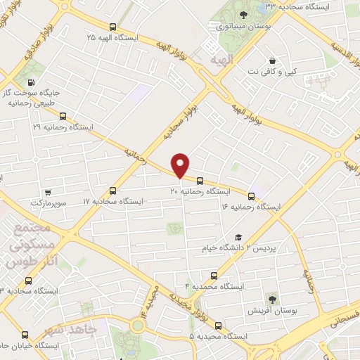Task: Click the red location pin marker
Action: tap(181, 165)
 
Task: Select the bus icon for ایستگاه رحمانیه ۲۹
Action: tap(63, 117)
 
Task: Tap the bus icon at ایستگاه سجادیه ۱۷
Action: tap(113, 191)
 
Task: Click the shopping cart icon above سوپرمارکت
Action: tap(47, 193)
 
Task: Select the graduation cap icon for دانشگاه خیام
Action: tap(238, 238)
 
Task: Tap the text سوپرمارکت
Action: tap(47, 203)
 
